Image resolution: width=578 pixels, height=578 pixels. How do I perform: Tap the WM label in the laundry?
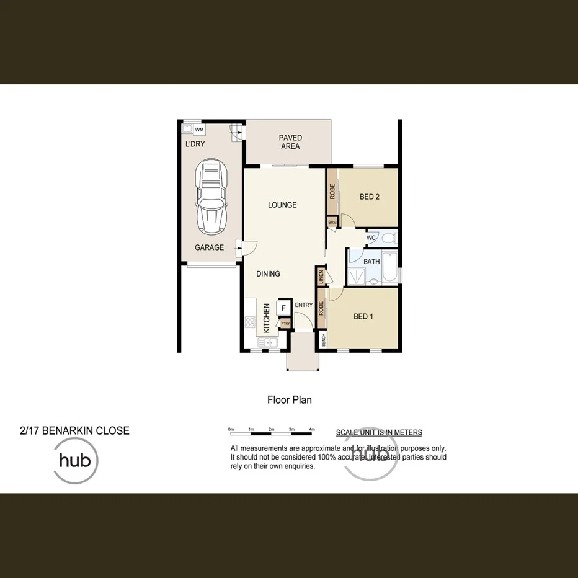coord(199,130)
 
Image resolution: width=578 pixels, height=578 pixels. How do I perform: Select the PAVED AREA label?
coord(290,142)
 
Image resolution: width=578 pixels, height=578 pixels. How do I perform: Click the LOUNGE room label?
coord(282,205)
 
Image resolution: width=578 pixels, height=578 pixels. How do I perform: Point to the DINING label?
coord(269,273)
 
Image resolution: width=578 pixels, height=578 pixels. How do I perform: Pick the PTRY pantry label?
coord(285,323)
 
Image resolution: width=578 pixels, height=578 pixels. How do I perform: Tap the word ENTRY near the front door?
coord(304,305)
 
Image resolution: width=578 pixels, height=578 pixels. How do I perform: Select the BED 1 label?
coord(363,316)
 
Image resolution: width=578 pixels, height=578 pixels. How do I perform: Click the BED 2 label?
coord(370,197)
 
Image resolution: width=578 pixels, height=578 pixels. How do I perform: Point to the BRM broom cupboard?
coord(332,222)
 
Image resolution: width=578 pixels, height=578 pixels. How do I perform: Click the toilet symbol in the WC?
coord(389,238)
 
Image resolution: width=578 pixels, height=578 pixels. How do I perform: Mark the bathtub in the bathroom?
coord(390,267)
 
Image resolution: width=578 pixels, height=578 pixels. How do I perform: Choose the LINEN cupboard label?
coord(321,277)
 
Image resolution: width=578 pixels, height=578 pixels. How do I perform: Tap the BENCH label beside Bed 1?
coord(323,340)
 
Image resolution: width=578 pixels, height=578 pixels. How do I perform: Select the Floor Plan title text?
coord(289,400)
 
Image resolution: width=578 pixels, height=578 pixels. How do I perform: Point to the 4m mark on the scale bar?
coord(312,429)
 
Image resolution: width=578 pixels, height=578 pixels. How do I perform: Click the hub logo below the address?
coord(76,461)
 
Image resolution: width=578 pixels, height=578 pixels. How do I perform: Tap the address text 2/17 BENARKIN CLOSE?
coord(74,431)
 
